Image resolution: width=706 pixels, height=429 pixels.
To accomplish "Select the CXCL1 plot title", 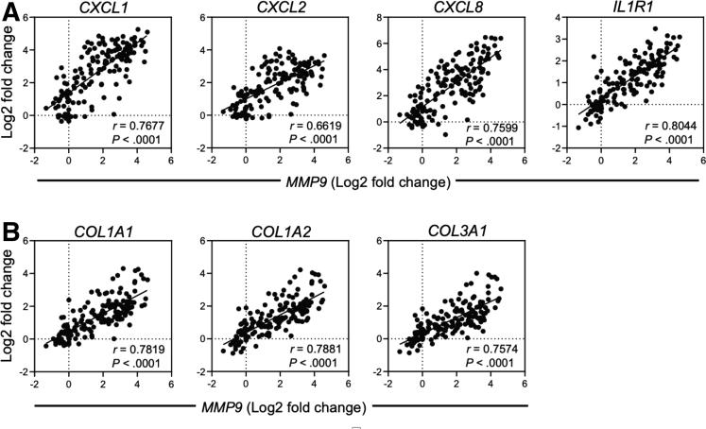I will click(x=103, y=9).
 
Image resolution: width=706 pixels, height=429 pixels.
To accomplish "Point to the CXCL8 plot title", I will click(x=456, y=9).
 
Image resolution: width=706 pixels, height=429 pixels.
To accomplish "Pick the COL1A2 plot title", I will click(x=281, y=231).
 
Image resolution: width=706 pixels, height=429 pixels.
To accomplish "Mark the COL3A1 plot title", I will click(x=456, y=231).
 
